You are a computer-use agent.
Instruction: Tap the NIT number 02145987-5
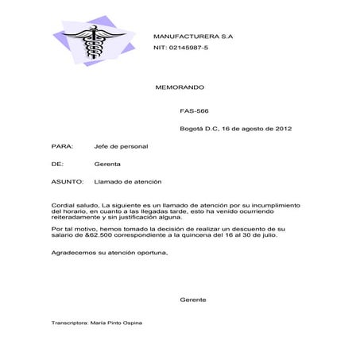[180, 48]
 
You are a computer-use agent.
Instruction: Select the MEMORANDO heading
[180, 86]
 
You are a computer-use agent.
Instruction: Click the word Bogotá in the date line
[192, 128]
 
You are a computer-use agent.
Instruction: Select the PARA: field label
[62, 146]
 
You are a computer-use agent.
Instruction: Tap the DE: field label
[56, 164]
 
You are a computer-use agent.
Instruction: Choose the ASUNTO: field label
[68, 182]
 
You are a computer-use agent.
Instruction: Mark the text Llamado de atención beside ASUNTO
[127, 182]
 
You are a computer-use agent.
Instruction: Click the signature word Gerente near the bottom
[193, 300]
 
